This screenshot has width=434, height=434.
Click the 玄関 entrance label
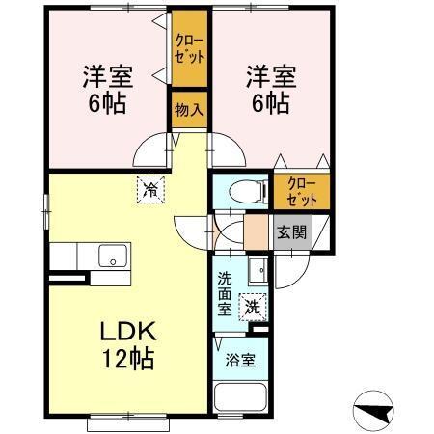[x=292, y=232]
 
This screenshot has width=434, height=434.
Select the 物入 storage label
[x=189, y=109]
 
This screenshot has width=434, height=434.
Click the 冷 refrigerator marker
[x=149, y=188]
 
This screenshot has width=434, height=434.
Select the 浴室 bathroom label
[x=240, y=362]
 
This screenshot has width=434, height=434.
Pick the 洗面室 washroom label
[x=225, y=294]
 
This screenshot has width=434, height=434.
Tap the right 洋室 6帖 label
[x=267, y=90]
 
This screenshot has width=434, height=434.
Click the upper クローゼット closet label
[x=189, y=49]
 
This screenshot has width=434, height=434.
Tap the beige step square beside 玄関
[x=257, y=232]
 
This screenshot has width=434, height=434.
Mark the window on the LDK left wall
[x=45, y=207]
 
